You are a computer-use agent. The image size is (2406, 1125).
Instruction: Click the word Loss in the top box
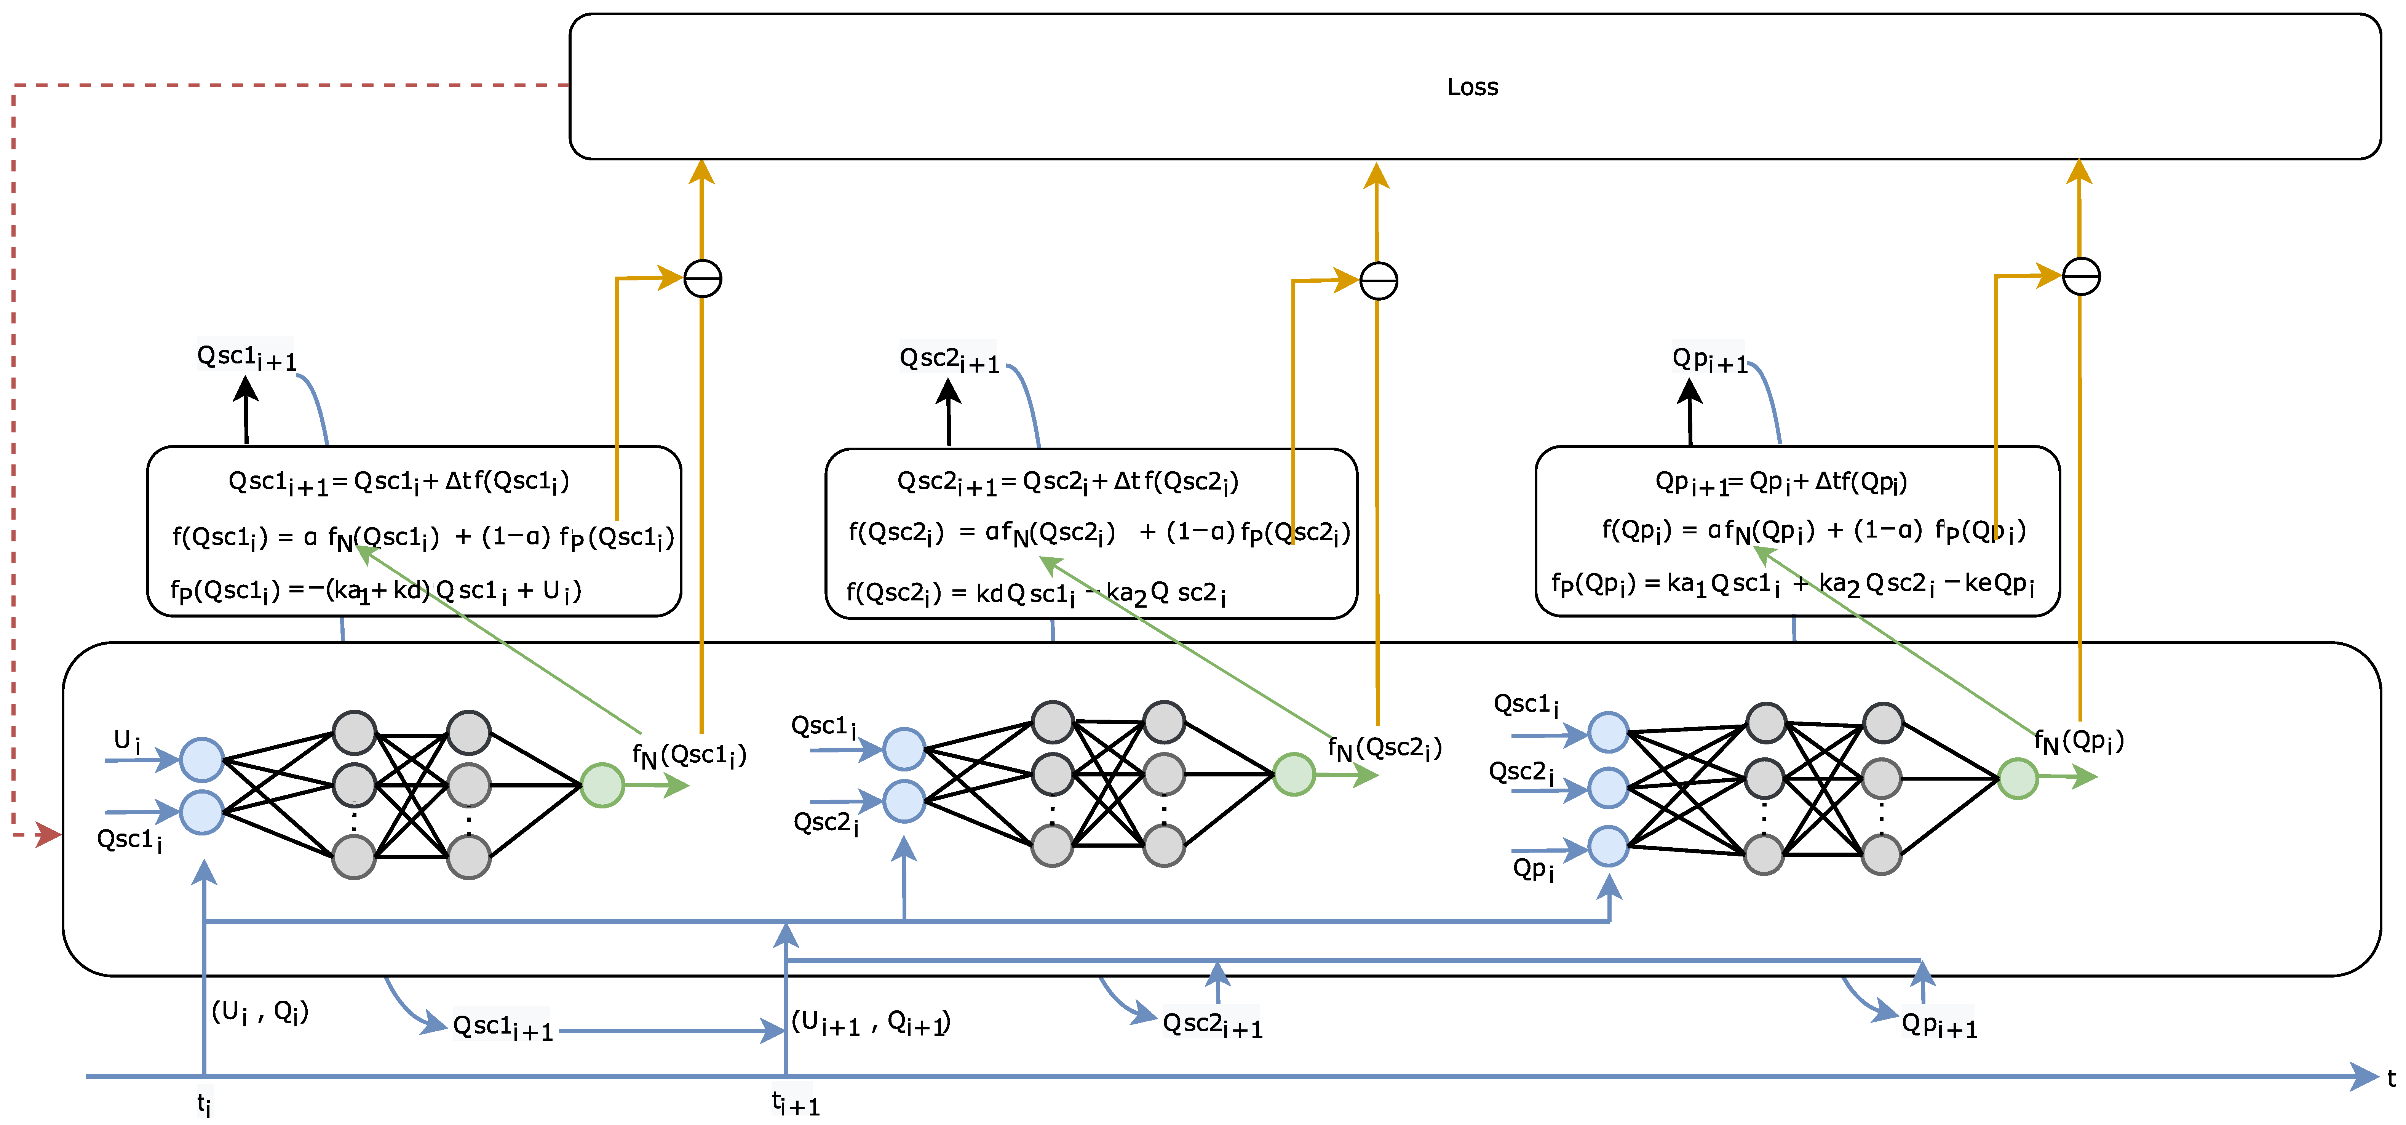pyautogui.click(x=1472, y=87)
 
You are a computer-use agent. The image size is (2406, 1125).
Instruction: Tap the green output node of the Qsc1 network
pyautogui.click(x=602, y=785)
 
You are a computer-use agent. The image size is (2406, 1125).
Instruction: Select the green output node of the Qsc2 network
pyautogui.click(x=1294, y=775)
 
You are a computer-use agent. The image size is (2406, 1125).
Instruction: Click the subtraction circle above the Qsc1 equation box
pyautogui.click(x=702, y=278)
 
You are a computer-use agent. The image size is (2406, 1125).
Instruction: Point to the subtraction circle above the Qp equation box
pyautogui.click(x=2081, y=277)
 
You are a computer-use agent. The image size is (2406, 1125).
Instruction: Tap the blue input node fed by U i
pyautogui.click(x=202, y=760)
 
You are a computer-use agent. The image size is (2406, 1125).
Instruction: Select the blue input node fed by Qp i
pyautogui.click(x=1608, y=847)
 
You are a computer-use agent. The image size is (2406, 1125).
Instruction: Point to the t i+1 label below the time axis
pyautogui.click(x=795, y=1104)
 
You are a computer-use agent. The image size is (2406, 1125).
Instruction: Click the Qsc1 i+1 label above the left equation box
pyautogui.click(x=246, y=357)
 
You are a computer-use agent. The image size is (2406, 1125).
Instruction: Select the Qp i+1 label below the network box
pyautogui.click(x=1939, y=1025)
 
